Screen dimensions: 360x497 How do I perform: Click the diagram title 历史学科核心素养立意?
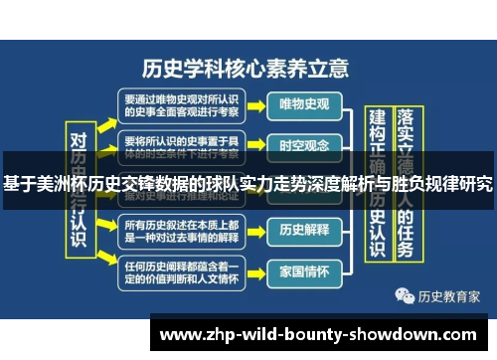tap(246, 69)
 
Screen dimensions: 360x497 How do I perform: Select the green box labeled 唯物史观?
tap(304, 104)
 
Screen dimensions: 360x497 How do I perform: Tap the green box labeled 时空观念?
tap(304, 146)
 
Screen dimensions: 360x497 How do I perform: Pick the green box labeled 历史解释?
tap(304, 229)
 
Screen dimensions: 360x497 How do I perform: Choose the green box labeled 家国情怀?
tap(304, 270)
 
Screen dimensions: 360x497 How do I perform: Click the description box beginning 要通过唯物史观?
tap(181, 104)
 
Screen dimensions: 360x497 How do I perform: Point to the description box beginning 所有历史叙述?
tap(181, 230)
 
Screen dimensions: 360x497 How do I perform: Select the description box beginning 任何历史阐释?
tap(181, 270)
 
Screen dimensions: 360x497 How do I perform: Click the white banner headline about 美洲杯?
tap(248, 184)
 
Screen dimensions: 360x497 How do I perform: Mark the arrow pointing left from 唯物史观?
tap(252, 104)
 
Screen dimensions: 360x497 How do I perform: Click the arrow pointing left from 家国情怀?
tap(252, 270)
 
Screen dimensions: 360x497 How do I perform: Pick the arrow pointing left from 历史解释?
tap(252, 230)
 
